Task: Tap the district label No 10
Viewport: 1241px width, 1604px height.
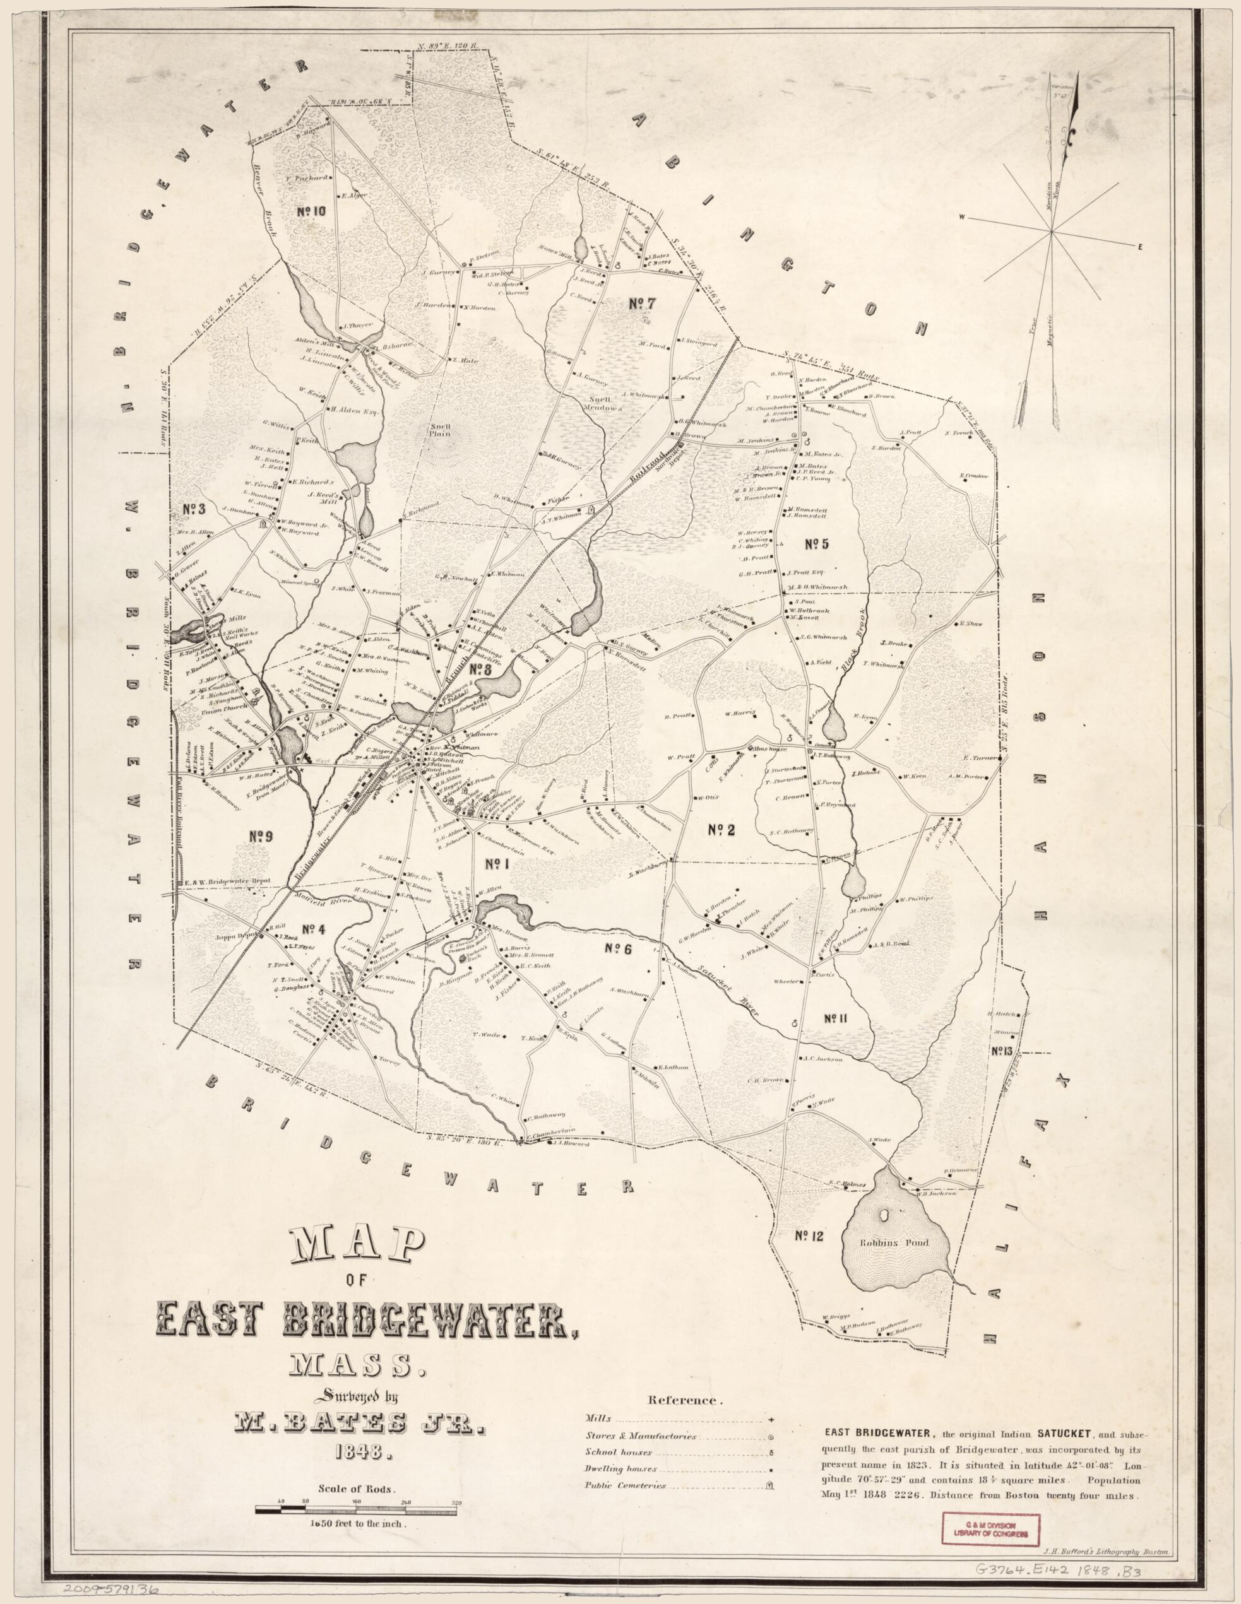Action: click(x=312, y=211)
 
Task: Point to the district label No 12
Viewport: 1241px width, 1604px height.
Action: click(x=810, y=1237)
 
